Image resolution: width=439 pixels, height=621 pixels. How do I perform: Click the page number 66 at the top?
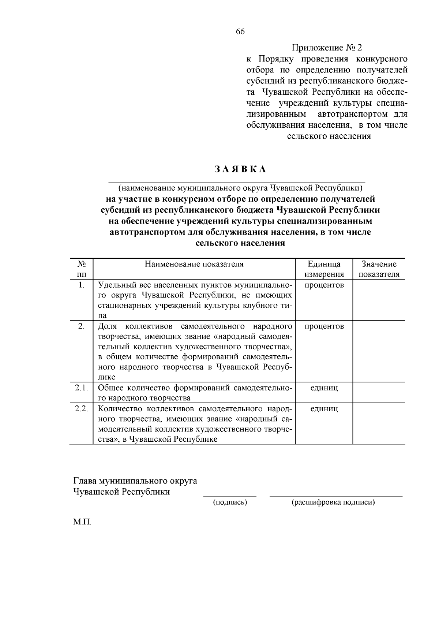[x=240, y=31]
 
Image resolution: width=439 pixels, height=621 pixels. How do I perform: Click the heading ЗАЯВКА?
[x=240, y=169]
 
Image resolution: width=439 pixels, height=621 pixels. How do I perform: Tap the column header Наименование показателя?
[x=194, y=264]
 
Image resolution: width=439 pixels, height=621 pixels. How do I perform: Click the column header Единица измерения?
[x=324, y=269]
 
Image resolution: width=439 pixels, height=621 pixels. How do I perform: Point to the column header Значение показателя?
[x=379, y=269]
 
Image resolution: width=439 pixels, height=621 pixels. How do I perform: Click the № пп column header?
[x=82, y=269]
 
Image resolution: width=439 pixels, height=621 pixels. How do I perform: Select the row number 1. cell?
[x=82, y=285]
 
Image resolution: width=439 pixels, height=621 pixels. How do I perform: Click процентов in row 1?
[x=324, y=285]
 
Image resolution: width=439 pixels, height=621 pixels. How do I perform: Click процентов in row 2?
[x=324, y=326]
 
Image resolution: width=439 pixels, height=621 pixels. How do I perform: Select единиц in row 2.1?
[x=324, y=388]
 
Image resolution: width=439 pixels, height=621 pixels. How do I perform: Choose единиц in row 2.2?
[x=324, y=408]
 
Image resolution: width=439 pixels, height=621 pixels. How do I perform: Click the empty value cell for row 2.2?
[x=379, y=423]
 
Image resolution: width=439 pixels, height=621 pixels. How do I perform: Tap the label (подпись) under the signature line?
[x=230, y=502]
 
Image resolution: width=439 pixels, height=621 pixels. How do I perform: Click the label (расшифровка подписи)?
[x=333, y=502]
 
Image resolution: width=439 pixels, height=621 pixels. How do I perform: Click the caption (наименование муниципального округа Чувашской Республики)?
[x=240, y=188]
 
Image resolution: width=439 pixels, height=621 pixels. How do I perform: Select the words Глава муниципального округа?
[x=135, y=480]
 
